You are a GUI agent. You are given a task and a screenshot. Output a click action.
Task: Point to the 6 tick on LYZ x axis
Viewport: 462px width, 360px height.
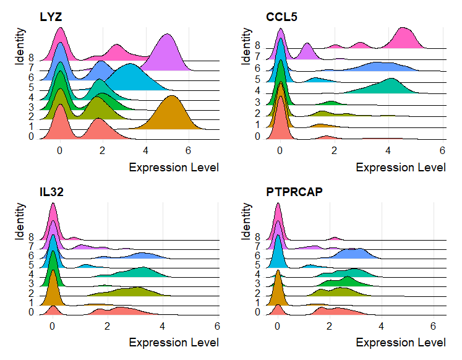point(188,150)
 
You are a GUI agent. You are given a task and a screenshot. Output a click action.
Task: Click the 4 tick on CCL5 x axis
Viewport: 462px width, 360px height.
point(388,150)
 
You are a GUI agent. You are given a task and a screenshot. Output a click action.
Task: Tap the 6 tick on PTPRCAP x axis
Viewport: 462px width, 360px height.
point(434,326)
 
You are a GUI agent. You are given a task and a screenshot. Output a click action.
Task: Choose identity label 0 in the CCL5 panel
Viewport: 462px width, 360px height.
point(258,135)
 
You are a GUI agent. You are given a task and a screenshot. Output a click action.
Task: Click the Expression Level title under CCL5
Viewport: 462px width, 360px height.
point(401,167)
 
